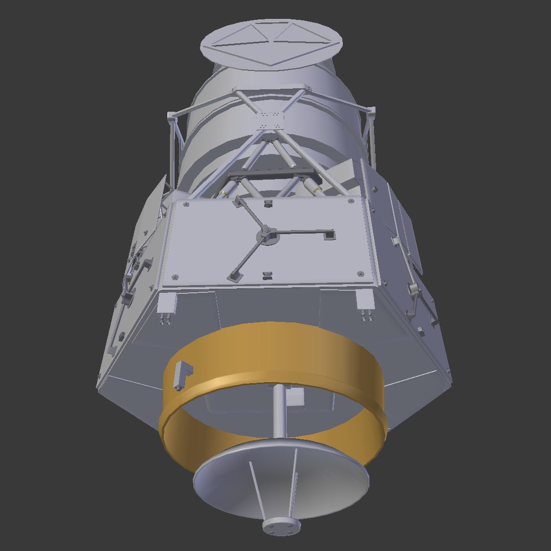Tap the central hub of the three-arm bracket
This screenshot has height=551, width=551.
click(x=267, y=235)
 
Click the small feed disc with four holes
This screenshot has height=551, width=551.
click(x=281, y=526)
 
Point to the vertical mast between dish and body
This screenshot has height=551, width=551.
click(x=280, y=411)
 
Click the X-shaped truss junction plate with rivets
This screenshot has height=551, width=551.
click(x=269, y=121)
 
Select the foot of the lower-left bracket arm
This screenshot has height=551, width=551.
click(x=234, y=277)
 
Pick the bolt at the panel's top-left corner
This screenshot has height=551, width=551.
click(x=185, y=205)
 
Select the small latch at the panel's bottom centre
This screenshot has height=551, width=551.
click(x=266, y=275)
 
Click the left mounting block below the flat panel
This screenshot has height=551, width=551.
click(x=167, y=306)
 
